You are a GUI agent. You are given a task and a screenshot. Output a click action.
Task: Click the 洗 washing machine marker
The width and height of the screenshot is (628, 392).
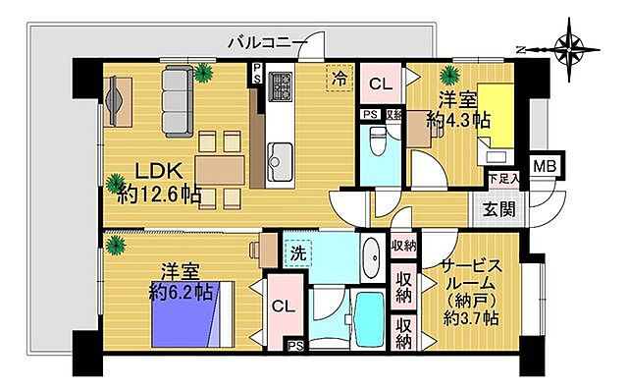pyautogui.click(x=297, y=252)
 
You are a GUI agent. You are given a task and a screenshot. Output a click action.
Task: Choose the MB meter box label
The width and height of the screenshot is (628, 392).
pyautogui.click(x=544, y=166)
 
